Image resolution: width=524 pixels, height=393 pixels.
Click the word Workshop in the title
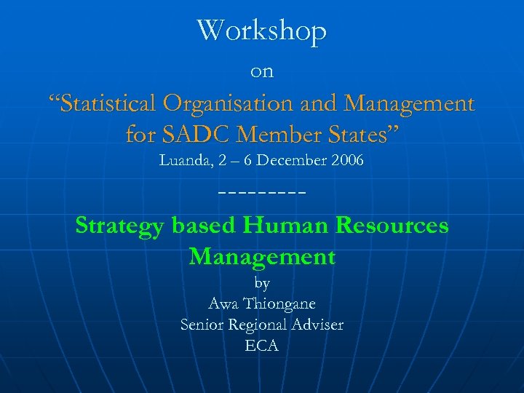262,31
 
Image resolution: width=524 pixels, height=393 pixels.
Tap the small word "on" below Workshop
262,71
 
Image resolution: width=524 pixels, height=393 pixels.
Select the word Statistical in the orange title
109,103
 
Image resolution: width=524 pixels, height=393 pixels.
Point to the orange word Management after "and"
410,103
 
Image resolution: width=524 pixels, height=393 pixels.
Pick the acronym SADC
192,134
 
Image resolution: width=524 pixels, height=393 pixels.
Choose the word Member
277,134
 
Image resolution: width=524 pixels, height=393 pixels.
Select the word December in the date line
291,160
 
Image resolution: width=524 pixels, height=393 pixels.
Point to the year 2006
347,160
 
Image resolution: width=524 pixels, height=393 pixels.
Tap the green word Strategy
121,226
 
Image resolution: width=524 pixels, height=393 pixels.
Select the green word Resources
392,226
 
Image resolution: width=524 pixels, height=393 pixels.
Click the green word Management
262,256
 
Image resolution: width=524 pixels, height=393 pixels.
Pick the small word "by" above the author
262,283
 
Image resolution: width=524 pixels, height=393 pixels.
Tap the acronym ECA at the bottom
262,346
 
